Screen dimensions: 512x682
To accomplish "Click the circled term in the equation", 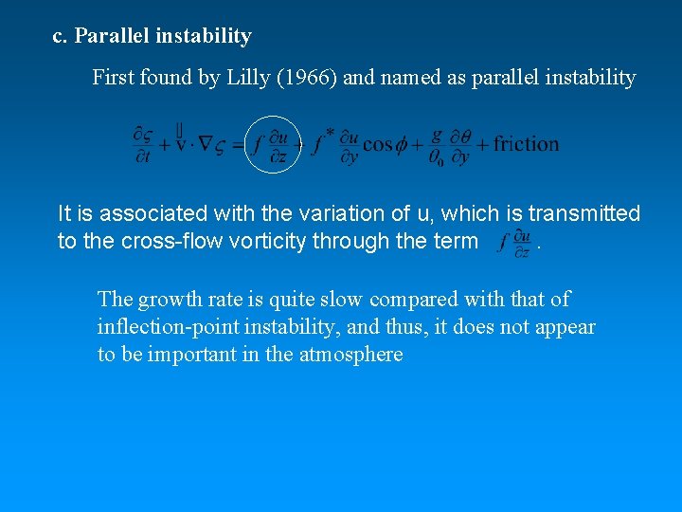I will [x=272, y=144].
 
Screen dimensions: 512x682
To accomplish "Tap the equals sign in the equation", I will [x=238, y=144].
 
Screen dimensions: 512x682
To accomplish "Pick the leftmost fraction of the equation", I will [x=143, y=145].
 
